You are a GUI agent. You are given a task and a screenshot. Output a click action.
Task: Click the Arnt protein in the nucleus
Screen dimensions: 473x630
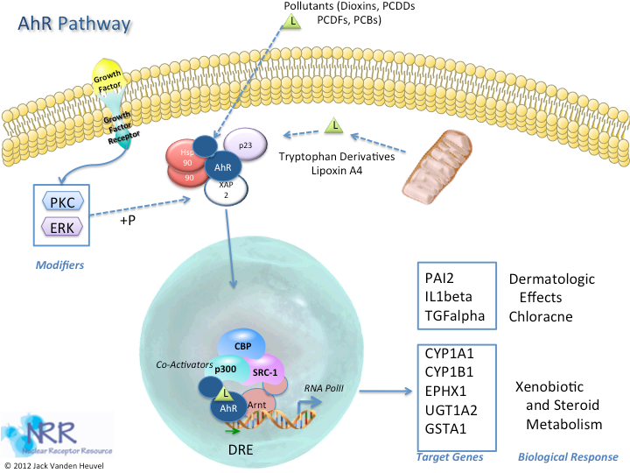click(255, 404)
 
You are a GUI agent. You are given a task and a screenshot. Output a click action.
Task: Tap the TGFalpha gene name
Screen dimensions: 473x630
click(454, 315)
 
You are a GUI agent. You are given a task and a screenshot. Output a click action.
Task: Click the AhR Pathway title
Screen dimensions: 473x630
click(74, 21)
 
